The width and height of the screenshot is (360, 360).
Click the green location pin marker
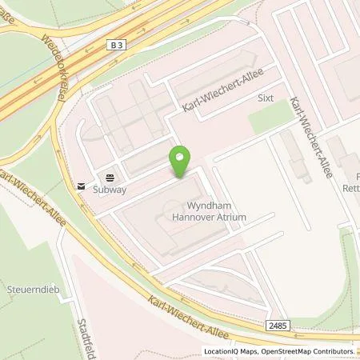coord(181,163)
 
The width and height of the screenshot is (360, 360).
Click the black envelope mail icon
coord(81,186)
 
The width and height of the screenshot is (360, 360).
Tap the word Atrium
coord(233,217)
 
